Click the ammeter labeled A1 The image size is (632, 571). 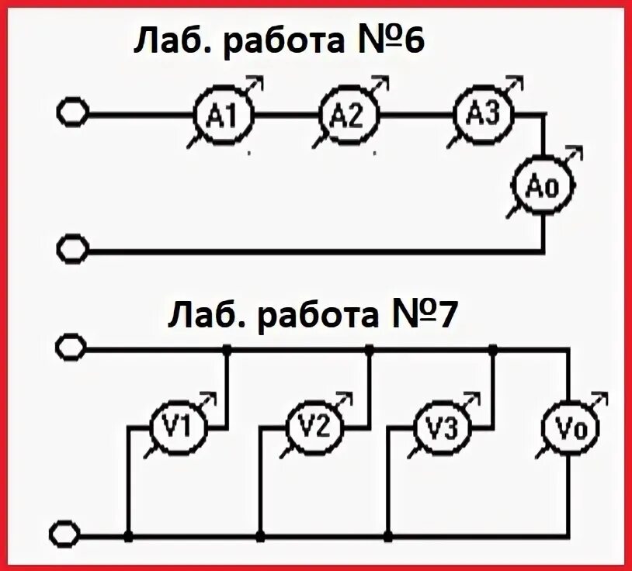coord(223,116)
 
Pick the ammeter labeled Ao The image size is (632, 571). coord(541,186)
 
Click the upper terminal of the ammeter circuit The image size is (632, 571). coord(73,113)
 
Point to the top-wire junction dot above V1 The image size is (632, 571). coord(227,351)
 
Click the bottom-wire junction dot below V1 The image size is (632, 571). coord(129,536)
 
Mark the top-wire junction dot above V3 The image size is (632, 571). coord(493,351)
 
